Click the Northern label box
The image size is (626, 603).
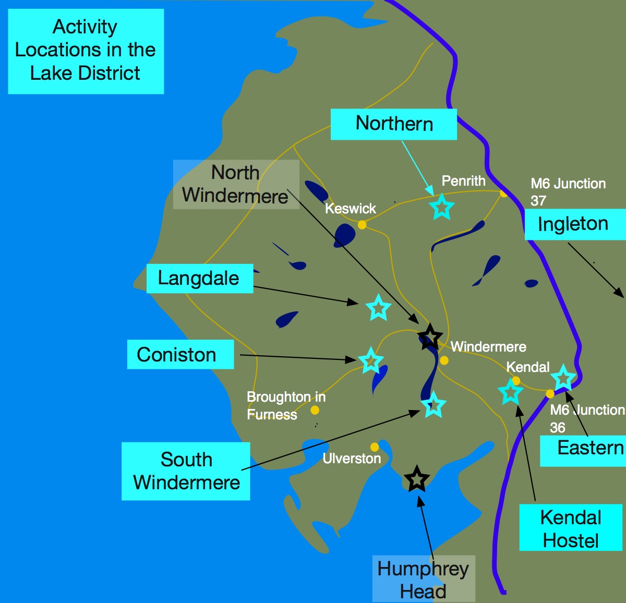pyautogui.click(x=394, y=124)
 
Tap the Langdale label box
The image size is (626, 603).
pyautogui.click(x=199, y=279)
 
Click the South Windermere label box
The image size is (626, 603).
pyautogui.click(x=186, y=471)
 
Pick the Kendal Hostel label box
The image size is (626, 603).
pyautogui.click(x=571, y=528)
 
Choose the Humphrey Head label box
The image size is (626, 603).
pyautogui.click(x=423, y=579)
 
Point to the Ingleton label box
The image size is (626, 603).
pyautogui.click(x=574, y=224)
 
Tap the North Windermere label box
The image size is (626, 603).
pyautogui.click(x=236, y=184)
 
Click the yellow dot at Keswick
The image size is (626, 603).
pyautogui.click(x=362, y=225)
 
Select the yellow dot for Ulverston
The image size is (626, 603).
pyautogui.click(x=375, y=447)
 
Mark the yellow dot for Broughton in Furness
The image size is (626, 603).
pyautogui.click(x=315, y=411)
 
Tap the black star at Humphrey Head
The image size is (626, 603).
pyautogui.click(x=416, y=478)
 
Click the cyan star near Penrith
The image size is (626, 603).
pyautogui.click(x=441, y=207)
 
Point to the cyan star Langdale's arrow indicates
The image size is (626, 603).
pyautogui.click(x=378, y=307)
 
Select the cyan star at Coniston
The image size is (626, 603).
pyautogui.click(x=370, y=360)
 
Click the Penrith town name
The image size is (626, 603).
pyautogui.click(x=463, y=181)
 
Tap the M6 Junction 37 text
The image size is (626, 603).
pyautogui.click(x=568, y=191)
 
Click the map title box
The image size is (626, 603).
pyautogui.click(x=86, y=51)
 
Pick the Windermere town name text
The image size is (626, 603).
pyautogui.click(x=488, y=347)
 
